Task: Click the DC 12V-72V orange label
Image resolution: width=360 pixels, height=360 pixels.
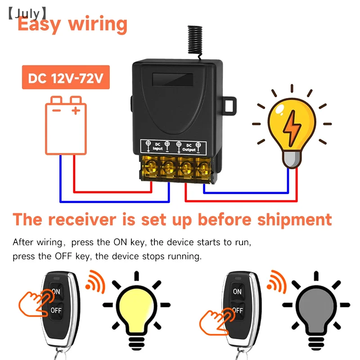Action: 66,79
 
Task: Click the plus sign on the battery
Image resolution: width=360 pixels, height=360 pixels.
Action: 76,110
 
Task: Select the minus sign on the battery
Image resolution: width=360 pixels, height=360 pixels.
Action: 56,110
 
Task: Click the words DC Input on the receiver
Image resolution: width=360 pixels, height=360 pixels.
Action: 157,146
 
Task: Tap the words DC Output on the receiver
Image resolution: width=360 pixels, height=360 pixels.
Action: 189,146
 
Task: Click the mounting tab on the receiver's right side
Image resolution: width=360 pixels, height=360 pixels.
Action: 230,104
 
